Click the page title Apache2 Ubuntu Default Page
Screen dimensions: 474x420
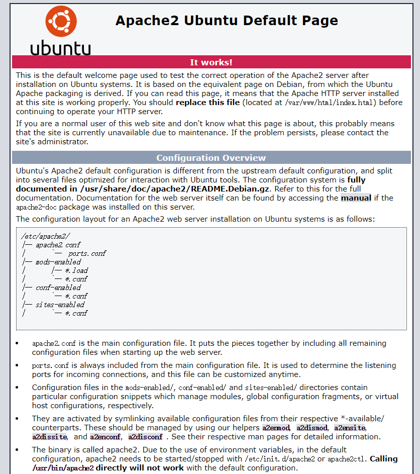pyautogui.click(x=227, y=21)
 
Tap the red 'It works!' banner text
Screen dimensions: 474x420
pyautogui.click(x=211, y=62)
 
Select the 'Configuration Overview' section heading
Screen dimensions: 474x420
pyautogui.click(x=211, y=158)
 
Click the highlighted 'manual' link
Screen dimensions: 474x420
pyautogui.click(x=356, y=198)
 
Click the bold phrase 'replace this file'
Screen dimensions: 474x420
pyautogui.click(x=207, y=103)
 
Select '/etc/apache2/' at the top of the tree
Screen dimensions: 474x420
pyautogui.click(x=46, y=236)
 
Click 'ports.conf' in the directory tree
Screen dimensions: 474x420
pyautogui.click(x=87, y=253)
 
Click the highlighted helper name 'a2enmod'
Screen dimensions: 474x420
pyautogui.click(x=276, y=428)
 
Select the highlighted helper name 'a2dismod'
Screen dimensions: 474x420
pyautogui.click(x=312, y=428)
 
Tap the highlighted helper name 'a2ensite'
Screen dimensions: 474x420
pyautogui.click(x=350, y=428)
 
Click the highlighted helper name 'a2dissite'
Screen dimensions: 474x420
pyautogui.click(x=49, y=437)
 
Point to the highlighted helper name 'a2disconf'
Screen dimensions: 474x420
pyautogui.click(x=145, y=437)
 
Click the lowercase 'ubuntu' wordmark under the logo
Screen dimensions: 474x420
pyautogui.click(x=61, y=48)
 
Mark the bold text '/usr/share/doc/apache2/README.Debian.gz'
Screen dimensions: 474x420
pyautogui.click(x=175, y=189)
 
